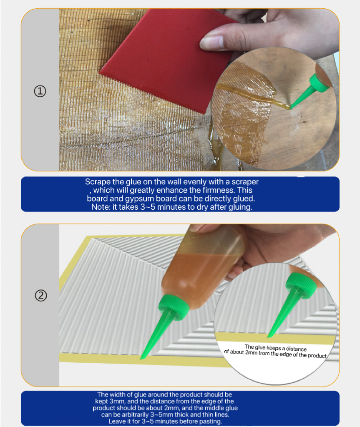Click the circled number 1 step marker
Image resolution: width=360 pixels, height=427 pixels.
40,91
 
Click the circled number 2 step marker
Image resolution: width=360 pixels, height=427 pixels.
40,296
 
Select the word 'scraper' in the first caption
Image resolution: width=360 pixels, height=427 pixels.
245,182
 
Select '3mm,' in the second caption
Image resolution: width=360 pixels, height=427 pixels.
123,401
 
